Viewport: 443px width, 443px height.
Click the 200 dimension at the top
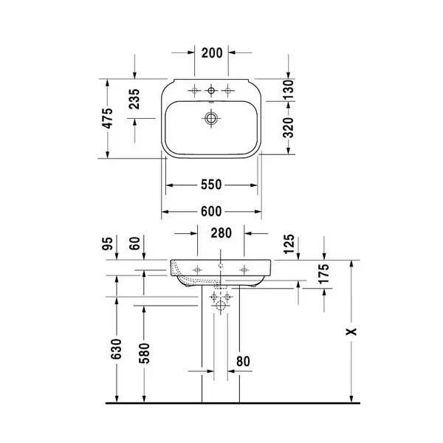(x=212, y=53)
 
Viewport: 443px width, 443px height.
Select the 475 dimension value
(x=108, y=118)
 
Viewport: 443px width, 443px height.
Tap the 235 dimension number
(x=134, y=99)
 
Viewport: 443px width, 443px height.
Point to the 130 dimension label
(x=288, y=89)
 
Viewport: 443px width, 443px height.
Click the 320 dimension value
(x=288, y=128)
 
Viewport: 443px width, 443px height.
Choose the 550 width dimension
(x=211, y=185)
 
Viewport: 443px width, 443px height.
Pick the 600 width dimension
(x=211, y=211)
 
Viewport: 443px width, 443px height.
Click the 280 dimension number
(x=221, y=233)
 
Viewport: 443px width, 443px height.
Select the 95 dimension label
(x=108, y=244)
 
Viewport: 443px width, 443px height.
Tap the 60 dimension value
(x=134, y=244)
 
